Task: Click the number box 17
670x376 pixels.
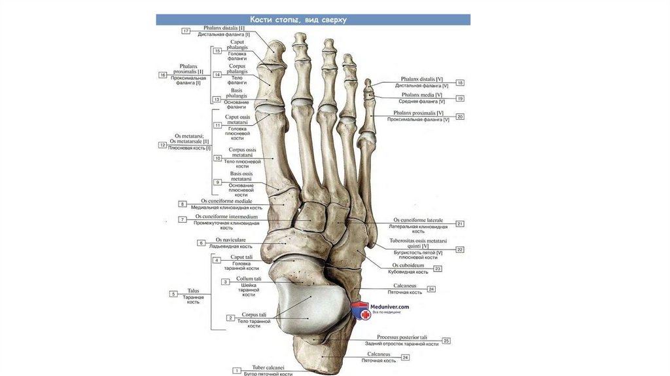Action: pyautogui.click(x=186, y=31)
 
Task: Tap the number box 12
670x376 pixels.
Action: pyautogui.click(x=163, y=145)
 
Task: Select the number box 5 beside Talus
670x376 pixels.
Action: pyautogui.click(x=173, y=294)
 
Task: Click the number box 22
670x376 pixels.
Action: pyautogui.click(x=460, y=250)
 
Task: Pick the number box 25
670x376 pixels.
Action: pyautogui.click(x=446, y=341)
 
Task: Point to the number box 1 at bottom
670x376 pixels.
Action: pyautogui.click(x=236, y=371)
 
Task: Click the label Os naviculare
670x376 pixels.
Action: pyautogui.click(x=231, y=240)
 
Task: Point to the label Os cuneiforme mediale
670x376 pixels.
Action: pyautogui.click(x=226, y=201)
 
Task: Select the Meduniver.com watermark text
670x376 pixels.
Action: pyautogui.click(x=391, y=306)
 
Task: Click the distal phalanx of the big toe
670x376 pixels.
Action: pyautogui.click(x=274, y=51)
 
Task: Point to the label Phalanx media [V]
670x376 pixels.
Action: pyautogui.click(x=421, y=95)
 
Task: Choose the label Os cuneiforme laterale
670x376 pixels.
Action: pyautogui.click(x=418, y=220)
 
